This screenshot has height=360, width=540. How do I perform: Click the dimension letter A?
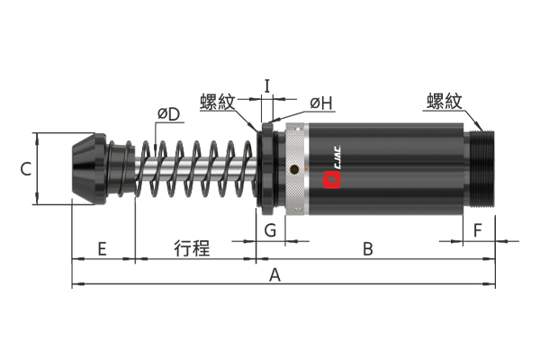click(274, 275)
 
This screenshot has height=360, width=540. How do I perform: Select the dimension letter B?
click(368, 248)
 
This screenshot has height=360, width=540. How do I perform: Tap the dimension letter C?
click(26, 169)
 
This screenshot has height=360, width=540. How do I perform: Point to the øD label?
click(169, 114)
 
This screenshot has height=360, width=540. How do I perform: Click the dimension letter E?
click(102, 248)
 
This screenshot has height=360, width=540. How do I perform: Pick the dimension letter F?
click(477, 230)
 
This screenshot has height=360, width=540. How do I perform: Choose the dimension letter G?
click(270, 230)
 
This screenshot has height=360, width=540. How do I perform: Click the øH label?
click(321, 103)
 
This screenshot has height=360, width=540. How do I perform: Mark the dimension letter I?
click(267, 86)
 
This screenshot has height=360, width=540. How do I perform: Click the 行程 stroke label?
click(192, 248)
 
